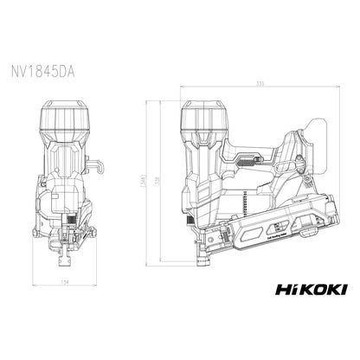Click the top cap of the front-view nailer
tap(66, 121)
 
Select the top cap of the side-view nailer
tap(211, 120)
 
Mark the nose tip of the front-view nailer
tap(63, 260)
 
